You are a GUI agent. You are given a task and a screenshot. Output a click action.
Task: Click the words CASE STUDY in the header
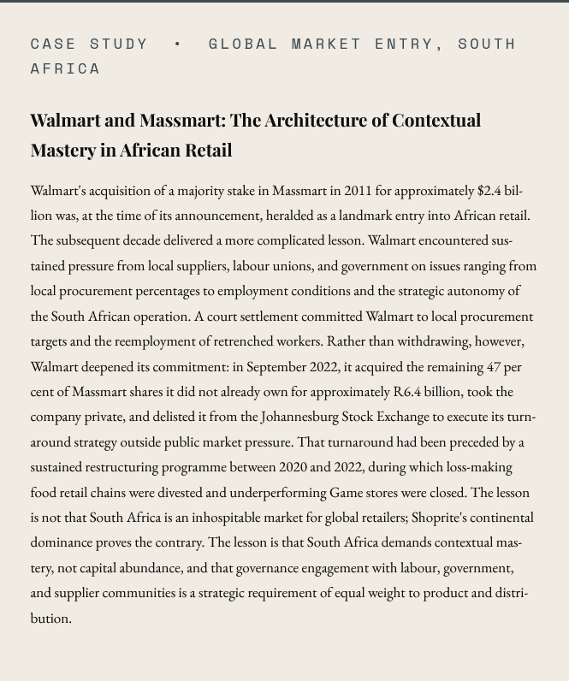pos(89,43)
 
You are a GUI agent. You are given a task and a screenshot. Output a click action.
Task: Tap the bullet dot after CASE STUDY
pos(178,43)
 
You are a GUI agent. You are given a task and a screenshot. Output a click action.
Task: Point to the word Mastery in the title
pos(62,150)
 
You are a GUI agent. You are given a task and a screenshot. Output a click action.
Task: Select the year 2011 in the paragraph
pos(358,190)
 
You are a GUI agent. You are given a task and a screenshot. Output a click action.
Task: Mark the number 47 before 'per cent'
pos(494,366)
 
